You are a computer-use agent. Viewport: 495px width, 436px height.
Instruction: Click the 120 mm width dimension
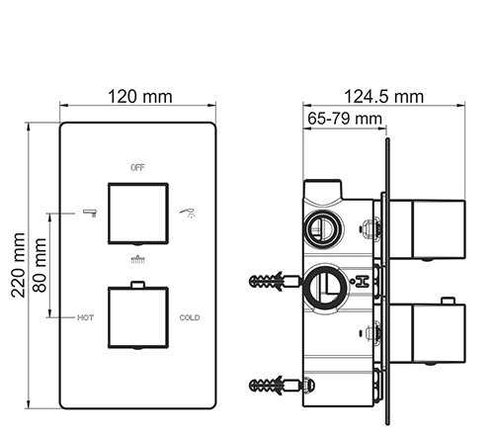point(140,97)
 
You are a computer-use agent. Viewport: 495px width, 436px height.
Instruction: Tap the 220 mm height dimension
point(18,265)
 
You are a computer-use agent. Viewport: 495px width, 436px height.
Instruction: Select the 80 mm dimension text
point(40,265)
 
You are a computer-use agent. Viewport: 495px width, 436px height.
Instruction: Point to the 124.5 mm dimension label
point(383,97)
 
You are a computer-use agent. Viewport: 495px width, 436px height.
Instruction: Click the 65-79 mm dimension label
point(345,119)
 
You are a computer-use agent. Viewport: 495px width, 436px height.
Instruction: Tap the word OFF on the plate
point(137,168)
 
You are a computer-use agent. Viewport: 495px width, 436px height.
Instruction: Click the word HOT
point(86,317)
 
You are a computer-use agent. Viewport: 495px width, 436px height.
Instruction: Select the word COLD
point(190,317)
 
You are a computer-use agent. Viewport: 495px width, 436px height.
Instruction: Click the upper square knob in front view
point(138,214)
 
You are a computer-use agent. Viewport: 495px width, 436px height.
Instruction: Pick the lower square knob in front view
point(138,317)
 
